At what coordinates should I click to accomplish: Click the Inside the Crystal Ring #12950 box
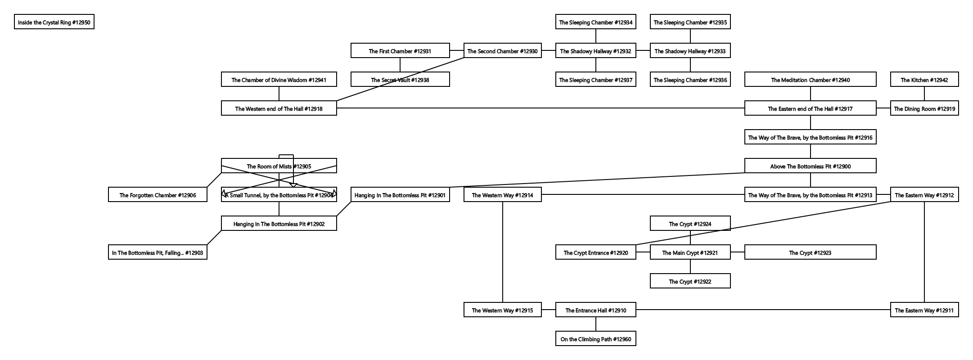click(x=54, y=22)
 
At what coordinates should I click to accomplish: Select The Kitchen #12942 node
click(x=924, y=80)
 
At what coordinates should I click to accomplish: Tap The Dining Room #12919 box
click(x=924, y=108)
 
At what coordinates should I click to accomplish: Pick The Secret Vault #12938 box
click(x=400, y=80)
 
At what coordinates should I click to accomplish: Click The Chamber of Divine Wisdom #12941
click(x=279, y=80)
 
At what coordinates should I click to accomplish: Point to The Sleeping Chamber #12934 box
click(x=595, y=22)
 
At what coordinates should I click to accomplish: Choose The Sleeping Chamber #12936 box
click(x=690, y=80)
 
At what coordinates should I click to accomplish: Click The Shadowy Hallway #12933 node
click(x=690, y=51)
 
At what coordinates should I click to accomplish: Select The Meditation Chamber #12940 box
click(x=810, y=80)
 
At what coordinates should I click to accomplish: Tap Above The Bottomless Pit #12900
click(x=810, y=166)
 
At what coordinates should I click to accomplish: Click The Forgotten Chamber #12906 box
click(x=158, y=195)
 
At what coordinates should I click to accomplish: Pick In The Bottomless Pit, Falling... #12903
click(x=158, y=252)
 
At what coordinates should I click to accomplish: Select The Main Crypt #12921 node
click(x=690, y=252)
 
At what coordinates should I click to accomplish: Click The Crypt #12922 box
click(x=690, y=281)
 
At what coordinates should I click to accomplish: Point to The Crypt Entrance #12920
click(x=595, y=252)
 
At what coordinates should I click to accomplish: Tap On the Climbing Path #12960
click(x=595, y=339)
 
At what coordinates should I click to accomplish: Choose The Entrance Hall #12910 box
click(x=595, y=310)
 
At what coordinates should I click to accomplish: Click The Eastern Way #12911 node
click(x=924, y=310)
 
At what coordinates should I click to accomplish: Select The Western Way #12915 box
click(x=502, y=310)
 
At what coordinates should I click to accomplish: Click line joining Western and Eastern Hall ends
click(x=540, y=108)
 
